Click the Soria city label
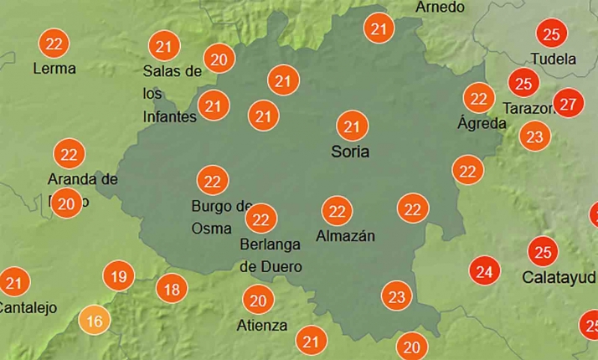coord(350,152)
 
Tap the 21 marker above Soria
coord(353,127)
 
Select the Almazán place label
coord(345,236)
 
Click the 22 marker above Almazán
coord(338,211)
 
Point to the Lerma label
coord(54,68)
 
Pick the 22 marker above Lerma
coord(55,43)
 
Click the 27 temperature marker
coord(569,104)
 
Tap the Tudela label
coord(554,59)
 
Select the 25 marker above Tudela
coord(551,34)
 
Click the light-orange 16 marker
coord(95,320)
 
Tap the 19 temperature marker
coord(119,275)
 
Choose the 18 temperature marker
coord(171,290)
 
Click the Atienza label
coord(261,325)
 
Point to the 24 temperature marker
coord(483,271)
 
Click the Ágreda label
coord(482,123)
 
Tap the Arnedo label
coord(440,8)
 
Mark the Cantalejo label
coord(28,307)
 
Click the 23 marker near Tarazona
coord(535,136)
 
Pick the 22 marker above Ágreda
coord(479,98)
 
